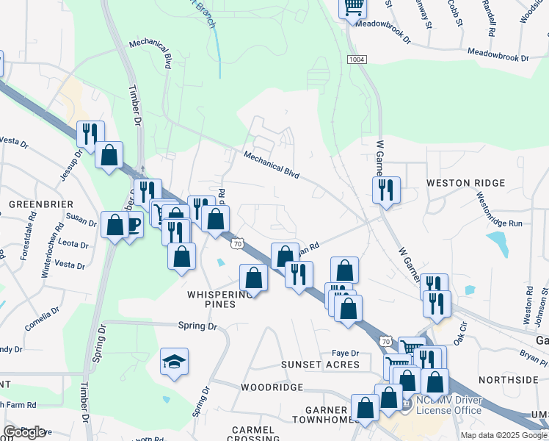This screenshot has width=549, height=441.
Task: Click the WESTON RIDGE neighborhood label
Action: (x=465, y=183)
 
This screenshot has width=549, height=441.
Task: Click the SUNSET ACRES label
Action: (x=321, y=365)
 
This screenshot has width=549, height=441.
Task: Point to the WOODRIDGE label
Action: (x=272, y=387)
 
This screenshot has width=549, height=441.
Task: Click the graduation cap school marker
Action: (x=175, y=361)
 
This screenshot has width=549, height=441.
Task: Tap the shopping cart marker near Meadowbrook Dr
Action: (x=353, y=7)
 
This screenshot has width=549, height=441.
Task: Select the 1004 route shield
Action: (x=357, y=60)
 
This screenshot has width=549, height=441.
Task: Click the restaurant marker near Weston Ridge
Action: (x=386, y=190)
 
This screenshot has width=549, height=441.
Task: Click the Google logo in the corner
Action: (x=24, y=432)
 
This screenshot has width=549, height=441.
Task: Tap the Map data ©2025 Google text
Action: (x=503, y=435)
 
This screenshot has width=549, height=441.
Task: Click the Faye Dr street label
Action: (x=345, y=353)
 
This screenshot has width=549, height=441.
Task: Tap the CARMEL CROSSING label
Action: (x=252, y=434)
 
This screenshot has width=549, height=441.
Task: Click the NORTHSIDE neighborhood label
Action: (x=508, y=380)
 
